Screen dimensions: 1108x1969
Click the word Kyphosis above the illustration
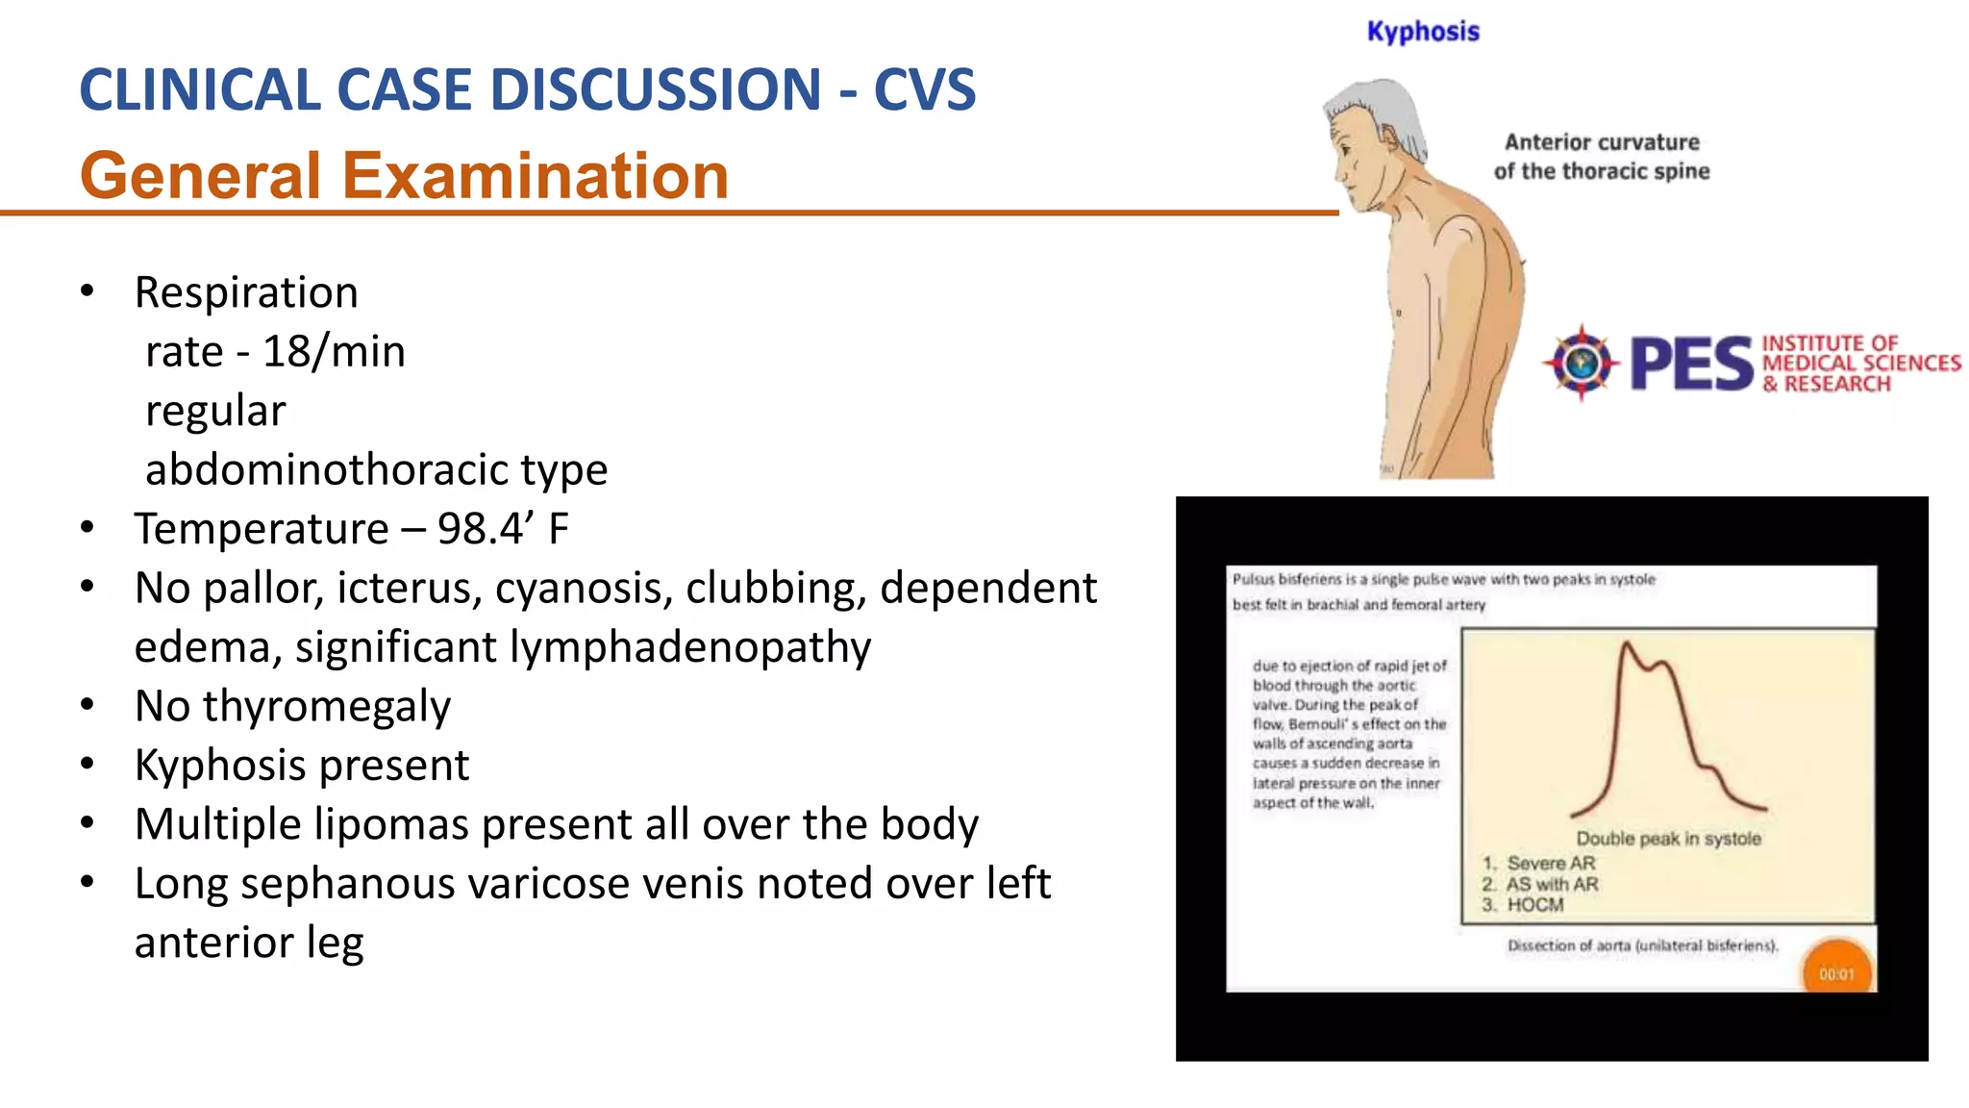coord(1423,32)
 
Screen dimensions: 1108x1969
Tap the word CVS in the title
coord(924,89)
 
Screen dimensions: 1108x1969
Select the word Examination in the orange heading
coord(536,176)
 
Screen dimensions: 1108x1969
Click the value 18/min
coord(334,352)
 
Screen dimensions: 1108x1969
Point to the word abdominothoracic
coord(327,470)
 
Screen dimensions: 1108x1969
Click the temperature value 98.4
coord(480,529)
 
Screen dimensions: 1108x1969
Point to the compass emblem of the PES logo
coord(1580,363)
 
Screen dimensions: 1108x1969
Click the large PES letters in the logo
coord(1691,364)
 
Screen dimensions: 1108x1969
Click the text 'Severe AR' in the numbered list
coord(1550,863)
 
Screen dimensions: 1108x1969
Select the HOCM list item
coord(1534,905)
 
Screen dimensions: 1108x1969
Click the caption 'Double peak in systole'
coord(1668,839)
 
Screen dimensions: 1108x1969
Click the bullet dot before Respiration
coord(87,291)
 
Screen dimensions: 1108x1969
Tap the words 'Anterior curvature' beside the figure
coord(1602,142)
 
